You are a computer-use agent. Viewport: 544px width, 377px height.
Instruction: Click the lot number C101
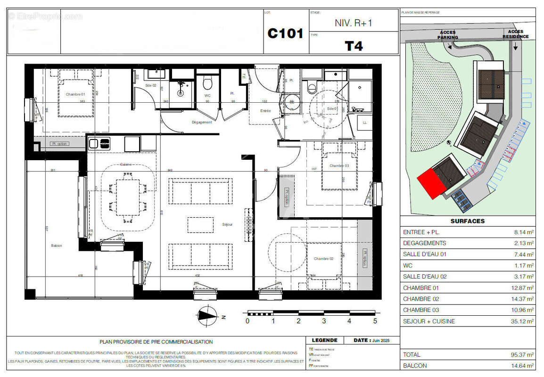click(x=285, y=34)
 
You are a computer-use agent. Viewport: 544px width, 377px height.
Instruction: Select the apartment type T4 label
click(x=354, y=46)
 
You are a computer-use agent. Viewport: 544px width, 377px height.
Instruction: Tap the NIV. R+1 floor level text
click(x=353, y=23)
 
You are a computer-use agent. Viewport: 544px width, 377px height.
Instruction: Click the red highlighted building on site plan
click(x=430, y=183)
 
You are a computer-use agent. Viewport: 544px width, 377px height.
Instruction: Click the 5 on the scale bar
click(x=375, y=321)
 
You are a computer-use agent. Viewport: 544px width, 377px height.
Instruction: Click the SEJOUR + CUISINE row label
click(x=429, y=321)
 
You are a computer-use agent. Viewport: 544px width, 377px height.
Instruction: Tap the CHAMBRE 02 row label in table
click(x=420, y=299)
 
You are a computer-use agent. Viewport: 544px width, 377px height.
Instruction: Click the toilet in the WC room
click(x=207, y=84)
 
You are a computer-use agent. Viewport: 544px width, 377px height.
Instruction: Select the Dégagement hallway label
click(x=202, y=122)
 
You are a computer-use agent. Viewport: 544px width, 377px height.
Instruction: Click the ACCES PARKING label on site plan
click(x=447, y=35)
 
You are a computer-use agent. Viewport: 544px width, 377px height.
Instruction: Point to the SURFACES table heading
click(x=467, y=221)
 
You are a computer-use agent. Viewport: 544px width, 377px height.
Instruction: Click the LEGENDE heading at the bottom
click(x=324, y=340)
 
